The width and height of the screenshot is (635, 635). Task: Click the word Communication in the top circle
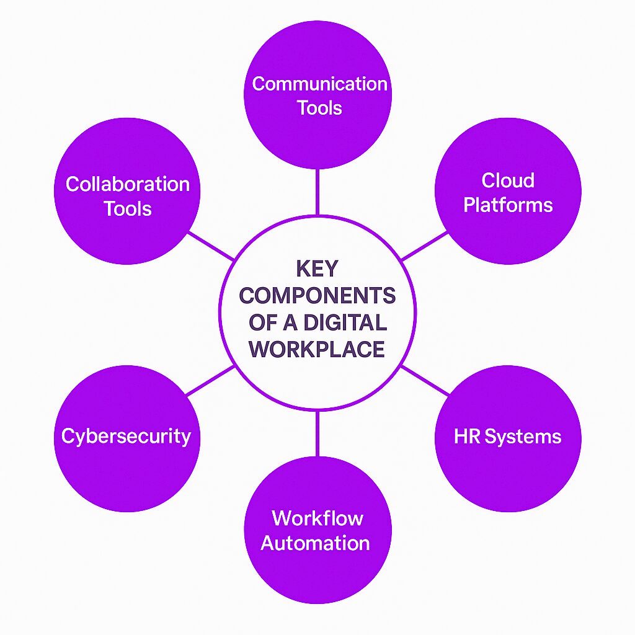tap(319, 84)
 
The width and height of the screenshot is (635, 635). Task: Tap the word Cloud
tap(508, 180)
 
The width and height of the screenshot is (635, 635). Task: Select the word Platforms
tap(508, 205)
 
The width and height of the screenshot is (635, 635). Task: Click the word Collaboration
tap(128, 184)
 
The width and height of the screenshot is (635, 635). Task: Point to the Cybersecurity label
tap(126, 437)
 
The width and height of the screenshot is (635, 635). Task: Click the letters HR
tap(467, 436)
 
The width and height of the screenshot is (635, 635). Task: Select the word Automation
tap(315, 543)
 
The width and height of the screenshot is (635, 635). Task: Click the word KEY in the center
tap(317, 268)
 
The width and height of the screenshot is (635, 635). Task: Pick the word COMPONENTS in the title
tap(317, 295)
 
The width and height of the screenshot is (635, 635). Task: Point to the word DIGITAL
tap(345, 322)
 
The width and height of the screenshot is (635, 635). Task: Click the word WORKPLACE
tap(317, 349)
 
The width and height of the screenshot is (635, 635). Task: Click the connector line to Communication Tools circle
tap(317, 192)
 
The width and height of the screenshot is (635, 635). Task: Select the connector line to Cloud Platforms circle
tap(425, 246)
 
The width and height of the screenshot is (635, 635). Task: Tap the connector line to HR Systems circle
tap(425, 380)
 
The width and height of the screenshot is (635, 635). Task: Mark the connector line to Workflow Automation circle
tap(317, 433)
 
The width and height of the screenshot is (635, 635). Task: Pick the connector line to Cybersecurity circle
tap(210, 380)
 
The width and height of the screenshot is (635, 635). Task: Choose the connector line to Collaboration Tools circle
tap(211, 246)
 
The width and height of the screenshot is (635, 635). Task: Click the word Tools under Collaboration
tap(128, 209)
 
